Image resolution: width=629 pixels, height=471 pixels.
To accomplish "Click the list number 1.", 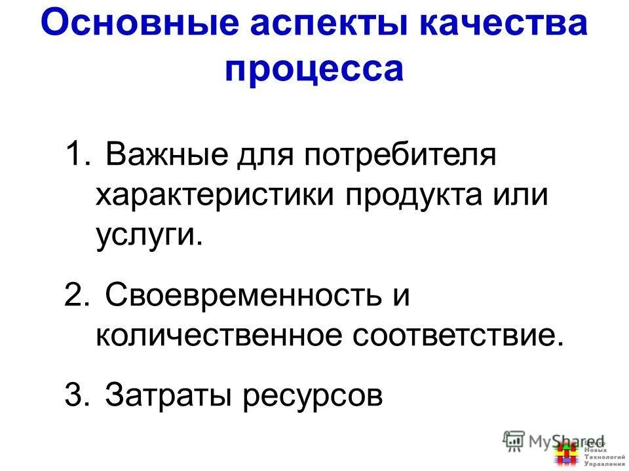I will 76,158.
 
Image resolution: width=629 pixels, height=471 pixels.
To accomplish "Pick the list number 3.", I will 76,395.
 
